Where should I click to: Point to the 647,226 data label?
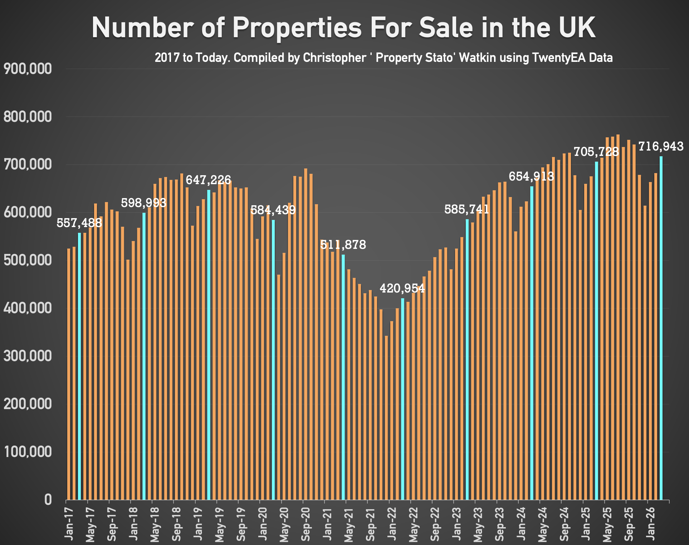click(x=208, y=180)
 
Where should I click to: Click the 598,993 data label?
click(x=143, y=203)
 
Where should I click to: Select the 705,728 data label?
click(x=596, y=152)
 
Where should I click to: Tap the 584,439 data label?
click(x=273, y=210)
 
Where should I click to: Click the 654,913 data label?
click(x=531, y=176)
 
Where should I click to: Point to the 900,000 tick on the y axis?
click(x=28, y=69)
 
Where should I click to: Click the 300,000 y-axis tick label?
click(x=28, y=356)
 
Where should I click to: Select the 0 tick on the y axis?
click(x=48, y=500)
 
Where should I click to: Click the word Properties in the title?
click(x=297, y=28)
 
